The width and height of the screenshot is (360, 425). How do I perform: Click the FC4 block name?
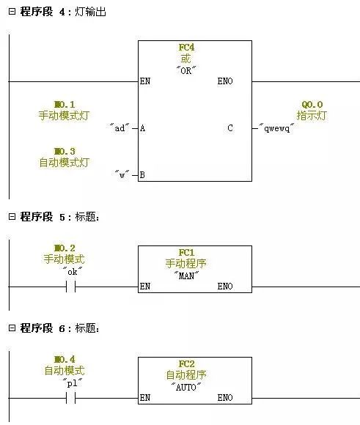(x=186, y=48)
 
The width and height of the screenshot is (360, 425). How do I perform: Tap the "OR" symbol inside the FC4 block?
(x=186, y=70)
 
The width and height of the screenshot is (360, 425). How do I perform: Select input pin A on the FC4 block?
(x=142, y=128)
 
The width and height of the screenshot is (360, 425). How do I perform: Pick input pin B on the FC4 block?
(x=142, y=175)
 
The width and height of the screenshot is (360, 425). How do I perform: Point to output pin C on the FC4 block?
(x=230, y=128)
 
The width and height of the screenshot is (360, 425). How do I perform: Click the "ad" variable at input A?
(x=120, y=127)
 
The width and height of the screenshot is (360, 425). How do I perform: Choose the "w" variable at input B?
(x=122, y=174)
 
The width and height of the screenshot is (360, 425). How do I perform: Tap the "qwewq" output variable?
(x=276, y=127)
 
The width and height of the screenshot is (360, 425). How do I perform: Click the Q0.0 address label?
(x=312, y=104)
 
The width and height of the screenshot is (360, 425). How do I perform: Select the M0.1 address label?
(x=65, y=104)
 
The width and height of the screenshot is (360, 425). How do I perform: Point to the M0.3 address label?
(x=65, y=151)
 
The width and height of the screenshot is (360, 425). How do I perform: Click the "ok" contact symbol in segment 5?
(x=71, y=287)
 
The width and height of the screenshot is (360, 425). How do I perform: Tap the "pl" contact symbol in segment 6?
(x=71, y=398)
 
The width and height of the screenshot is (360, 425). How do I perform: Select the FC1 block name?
(x=186, y=253)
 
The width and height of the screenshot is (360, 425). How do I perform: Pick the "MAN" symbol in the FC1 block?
(x=186, y=276)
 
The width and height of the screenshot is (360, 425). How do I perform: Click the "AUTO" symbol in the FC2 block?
(x=186, y=387)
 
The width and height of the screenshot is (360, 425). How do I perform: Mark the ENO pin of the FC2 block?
(x=225, y=398)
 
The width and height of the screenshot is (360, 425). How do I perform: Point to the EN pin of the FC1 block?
(x=145, y=287)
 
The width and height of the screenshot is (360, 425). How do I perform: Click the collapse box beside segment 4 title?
(x=12, y=12)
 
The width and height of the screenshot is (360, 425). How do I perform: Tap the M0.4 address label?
(x=65, y=359)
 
